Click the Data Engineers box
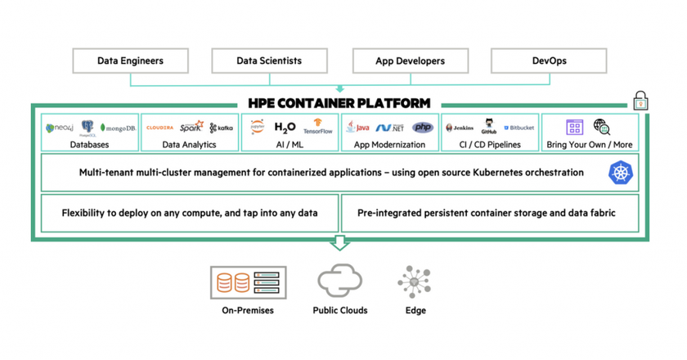pos(130,61)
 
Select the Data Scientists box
pos(269,61)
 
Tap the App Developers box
pos(410,61)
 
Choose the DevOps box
pos(549,61)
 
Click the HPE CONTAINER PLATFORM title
pos(339,104)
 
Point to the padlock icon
pos(640,101)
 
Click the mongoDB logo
pos(118,128)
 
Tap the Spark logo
pos(191,127)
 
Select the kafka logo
pos(221,128)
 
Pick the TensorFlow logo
pos(317,128)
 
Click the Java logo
pos(357,128)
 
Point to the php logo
pos(423,128)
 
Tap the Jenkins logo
pos(460,128)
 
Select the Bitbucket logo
pos(519,128)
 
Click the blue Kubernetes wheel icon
pos(621,173)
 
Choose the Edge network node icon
pos(415,281)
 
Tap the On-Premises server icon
pos(248,283)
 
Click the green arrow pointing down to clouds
pos(339,243)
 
